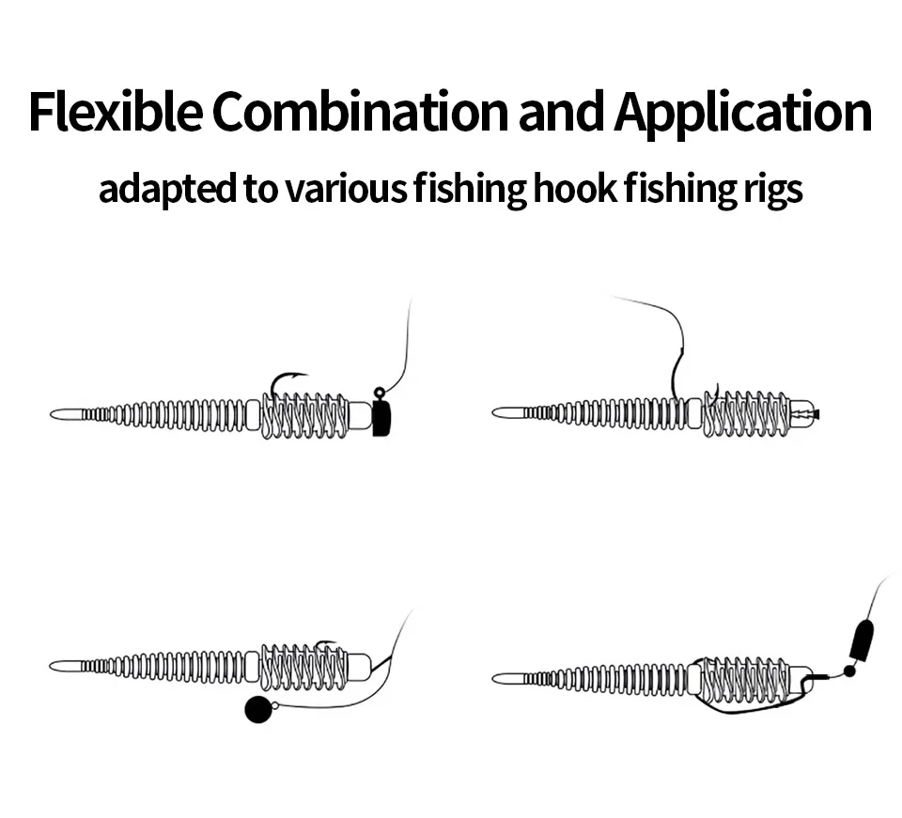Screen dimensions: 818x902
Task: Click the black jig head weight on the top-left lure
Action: (381, 416)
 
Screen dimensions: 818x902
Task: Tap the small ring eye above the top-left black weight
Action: (379, 393)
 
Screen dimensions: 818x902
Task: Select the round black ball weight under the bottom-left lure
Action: (257, 710)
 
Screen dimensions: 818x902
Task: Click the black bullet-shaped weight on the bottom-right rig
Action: (861, 641)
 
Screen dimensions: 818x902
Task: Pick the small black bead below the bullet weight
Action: (849, 672)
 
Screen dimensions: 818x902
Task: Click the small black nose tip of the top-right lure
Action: (817, 413)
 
